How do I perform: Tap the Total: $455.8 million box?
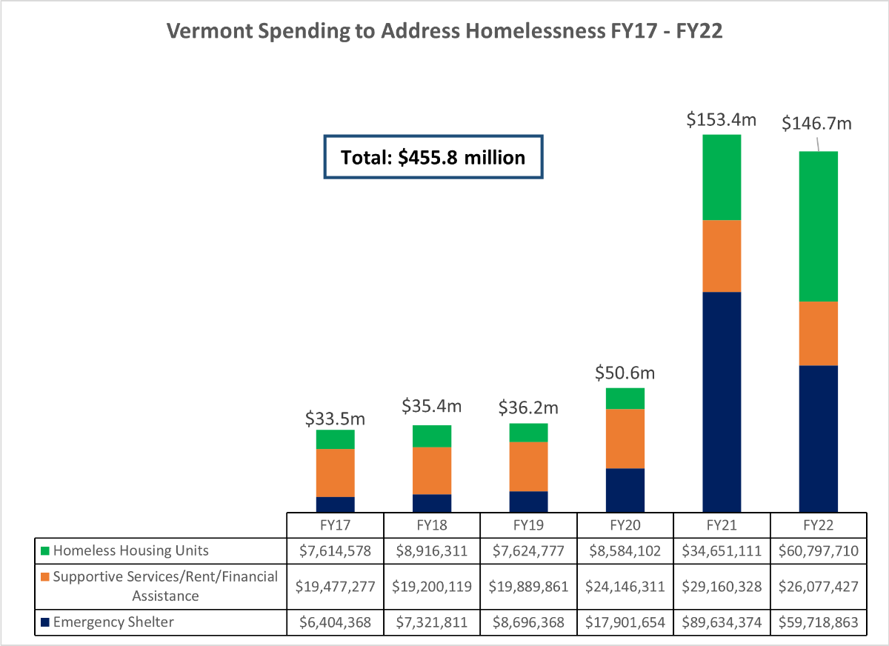pos(433,157)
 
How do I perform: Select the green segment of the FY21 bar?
pos(722,178)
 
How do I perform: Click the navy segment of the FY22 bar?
pos(818,438)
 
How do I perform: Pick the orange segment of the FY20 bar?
pos(625,439)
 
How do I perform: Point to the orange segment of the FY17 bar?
pos(335,473)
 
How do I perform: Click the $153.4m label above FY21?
pos(721,119)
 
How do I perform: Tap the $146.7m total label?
pos(817,123)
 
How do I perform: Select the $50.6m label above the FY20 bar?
pos(625,372)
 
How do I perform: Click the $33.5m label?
pos(335,419)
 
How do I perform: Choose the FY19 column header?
pos(528,525)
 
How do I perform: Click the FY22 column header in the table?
pos(818,525)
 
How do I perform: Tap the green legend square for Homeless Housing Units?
pos(45,551)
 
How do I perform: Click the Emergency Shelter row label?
pos(113,622)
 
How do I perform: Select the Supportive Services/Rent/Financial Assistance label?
pos(164,586)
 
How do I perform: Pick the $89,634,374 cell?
pos(722,622)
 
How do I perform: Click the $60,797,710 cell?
pos(818,551)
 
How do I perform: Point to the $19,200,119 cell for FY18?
pos(432,586)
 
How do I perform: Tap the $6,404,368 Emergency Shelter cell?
pos(335,622)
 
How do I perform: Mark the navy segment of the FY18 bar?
pos(432,503)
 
